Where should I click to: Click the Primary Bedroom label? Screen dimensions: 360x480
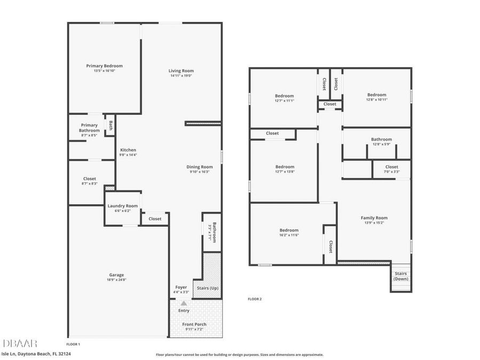(x=105, y=66)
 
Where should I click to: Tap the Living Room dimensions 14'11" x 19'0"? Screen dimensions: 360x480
(x=181, y=76)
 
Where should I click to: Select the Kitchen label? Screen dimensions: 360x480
(x=128, y=150)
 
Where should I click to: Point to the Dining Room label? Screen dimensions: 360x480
(x=199, y=167)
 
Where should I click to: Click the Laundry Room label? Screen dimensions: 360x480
(x=123, y=206)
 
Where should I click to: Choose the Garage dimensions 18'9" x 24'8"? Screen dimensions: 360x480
(x=117, y=279)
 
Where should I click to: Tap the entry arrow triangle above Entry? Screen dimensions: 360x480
(x=183, y=303)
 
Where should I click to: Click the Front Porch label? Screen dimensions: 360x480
(x=194, y=324)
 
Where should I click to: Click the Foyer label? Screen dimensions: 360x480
(x=181, y=287)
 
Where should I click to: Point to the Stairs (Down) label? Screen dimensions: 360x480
(x=401, y=276)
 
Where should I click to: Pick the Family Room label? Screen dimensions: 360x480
(x=374, y=218)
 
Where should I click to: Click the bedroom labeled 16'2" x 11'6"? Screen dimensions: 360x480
(x=289, y=230)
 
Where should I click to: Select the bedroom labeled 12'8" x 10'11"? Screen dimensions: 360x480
(x=377, y=95)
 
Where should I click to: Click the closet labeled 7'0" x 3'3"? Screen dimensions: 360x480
(x=391, y=167)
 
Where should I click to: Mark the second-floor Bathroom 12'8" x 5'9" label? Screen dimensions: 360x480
(x=381, y=140)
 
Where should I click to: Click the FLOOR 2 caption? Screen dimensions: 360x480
(x=255, y=299)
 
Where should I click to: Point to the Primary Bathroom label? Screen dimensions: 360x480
(x=89, y=128)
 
